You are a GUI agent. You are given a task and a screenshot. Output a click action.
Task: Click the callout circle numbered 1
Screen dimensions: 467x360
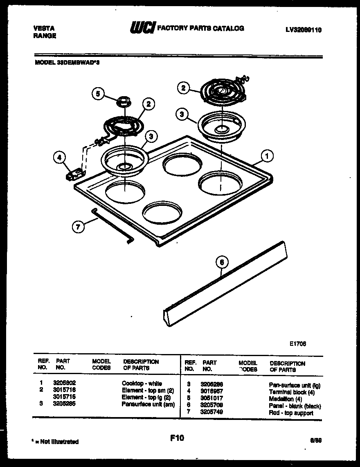(267, 156)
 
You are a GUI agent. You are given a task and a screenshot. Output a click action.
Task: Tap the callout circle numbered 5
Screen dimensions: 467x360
(97, 94)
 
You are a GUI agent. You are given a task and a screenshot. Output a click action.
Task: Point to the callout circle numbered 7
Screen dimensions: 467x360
(78, 226)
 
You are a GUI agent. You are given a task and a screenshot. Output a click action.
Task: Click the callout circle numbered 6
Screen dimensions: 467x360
(221, 262)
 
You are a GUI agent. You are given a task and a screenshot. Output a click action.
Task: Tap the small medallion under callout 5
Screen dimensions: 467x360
(122, 101)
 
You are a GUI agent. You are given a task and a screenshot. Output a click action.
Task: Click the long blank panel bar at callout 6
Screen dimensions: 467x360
(225, 287)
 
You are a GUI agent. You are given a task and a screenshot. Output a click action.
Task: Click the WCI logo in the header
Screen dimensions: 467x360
(142, 28)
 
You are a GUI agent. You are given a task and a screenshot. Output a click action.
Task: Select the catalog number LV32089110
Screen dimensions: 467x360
(304, 29)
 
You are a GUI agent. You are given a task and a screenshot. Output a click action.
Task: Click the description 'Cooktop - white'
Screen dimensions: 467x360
(142, 384)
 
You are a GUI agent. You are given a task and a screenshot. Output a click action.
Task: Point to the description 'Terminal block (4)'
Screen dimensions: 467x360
(292, 392)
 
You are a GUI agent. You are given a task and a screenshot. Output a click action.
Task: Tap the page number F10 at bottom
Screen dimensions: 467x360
(177, 438)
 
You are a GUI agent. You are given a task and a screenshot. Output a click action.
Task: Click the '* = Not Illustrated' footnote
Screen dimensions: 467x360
(55, 442)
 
